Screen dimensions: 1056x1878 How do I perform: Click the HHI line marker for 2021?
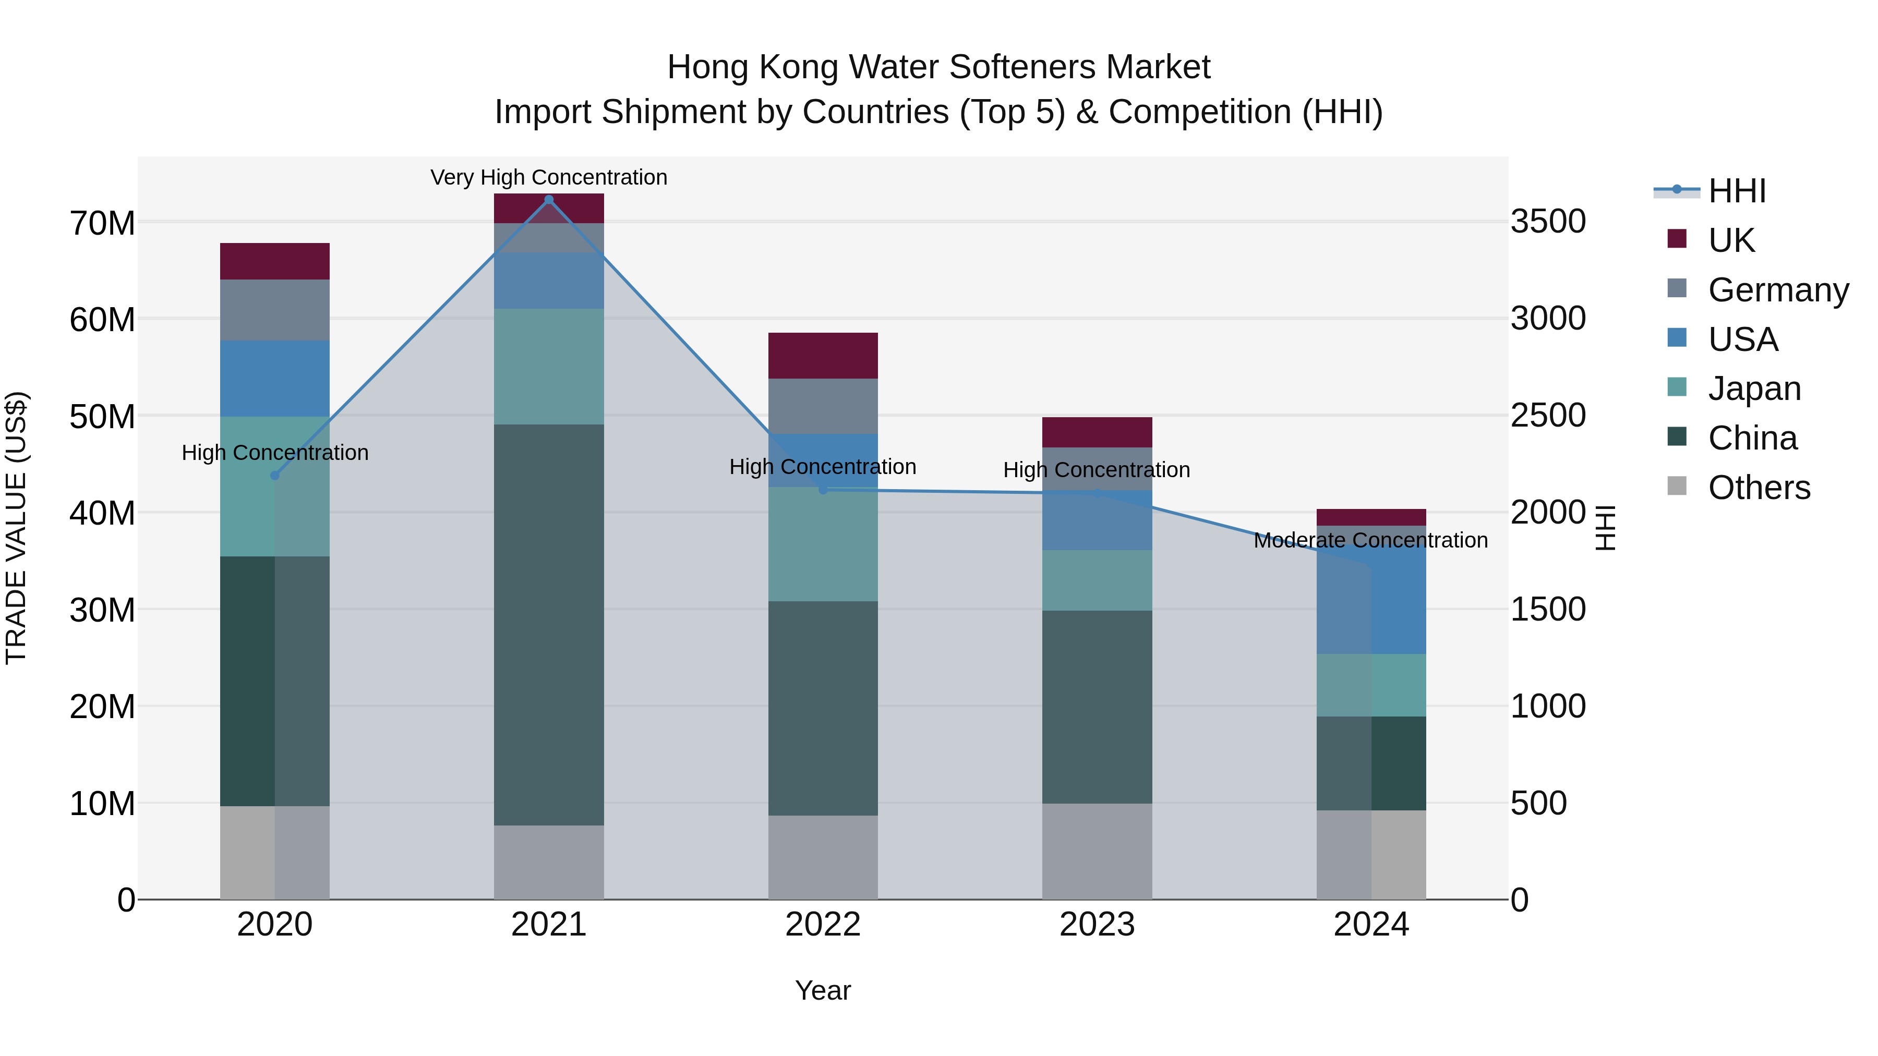[549, 200]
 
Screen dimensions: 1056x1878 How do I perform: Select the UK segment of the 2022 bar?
[823, 356]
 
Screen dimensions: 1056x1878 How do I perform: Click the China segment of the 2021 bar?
[549, 625]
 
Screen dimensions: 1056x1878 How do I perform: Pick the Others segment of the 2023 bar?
[1097, 851]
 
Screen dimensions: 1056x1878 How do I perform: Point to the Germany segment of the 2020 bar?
[275, 310]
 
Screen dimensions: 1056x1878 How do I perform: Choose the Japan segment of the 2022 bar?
[823, 544]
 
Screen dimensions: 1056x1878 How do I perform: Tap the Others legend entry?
[1759, 488]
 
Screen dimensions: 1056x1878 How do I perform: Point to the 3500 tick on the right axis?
[1548, 222]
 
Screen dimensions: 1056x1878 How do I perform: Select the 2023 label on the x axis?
[1097, 925]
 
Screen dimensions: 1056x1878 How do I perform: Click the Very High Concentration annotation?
[549, 177]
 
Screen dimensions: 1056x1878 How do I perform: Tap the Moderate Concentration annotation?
[1370, 540]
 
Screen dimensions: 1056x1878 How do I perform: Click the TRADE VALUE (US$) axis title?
[16, 528]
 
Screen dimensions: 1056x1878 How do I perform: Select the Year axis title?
[823, 990]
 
